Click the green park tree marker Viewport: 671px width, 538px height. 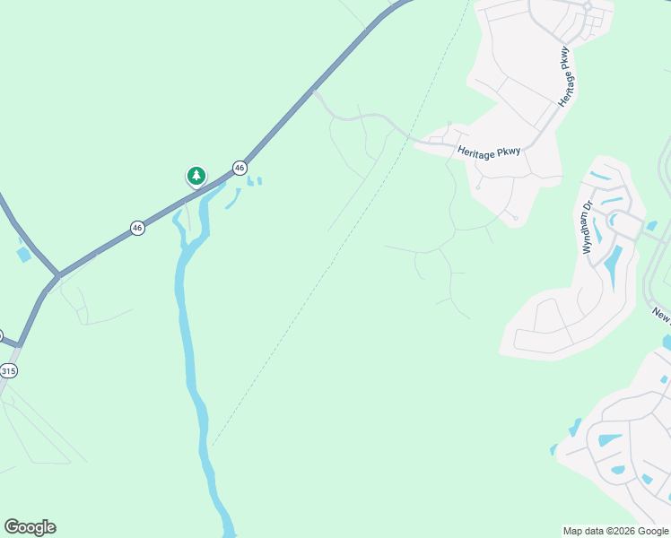coord(196,176)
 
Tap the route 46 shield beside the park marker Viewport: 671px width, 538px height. coord(240,168)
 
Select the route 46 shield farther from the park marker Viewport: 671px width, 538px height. coord(137,228)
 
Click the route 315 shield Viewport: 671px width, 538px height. coord(9,370)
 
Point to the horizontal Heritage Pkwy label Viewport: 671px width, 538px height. coord(488,153)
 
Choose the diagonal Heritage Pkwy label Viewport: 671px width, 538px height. coord(564,77)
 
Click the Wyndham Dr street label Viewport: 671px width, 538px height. coord(588,228)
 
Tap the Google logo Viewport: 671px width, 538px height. coord(30,527)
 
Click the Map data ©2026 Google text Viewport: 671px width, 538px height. coord(615,531)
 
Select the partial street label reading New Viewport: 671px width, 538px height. coord(661,314)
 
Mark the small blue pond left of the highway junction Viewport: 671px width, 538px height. coord(23,255)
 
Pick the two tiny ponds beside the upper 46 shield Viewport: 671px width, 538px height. coord(254,182)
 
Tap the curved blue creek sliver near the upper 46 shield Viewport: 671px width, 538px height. coord(232,199)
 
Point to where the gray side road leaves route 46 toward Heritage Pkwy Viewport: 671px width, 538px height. coord(314,91)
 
